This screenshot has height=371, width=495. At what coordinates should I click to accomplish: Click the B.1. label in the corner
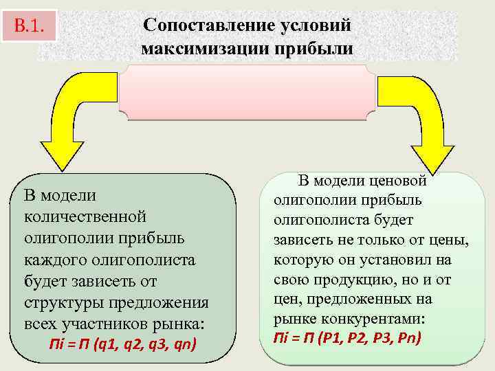pos(29,27)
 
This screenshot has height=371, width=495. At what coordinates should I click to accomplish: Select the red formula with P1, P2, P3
pos(346,337)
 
